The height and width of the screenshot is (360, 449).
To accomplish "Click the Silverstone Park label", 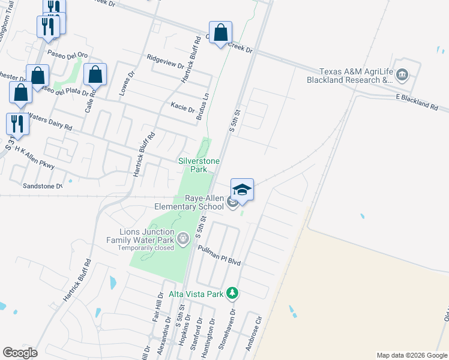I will (199, 165).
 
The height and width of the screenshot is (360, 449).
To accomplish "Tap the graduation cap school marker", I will (242, 190).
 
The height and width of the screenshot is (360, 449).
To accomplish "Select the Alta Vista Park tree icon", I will (232, 293).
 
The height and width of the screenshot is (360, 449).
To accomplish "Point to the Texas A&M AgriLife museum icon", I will (402, 76).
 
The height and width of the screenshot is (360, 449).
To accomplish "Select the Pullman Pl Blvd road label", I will (218, 247).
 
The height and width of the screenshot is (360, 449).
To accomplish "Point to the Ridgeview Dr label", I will (165, 61).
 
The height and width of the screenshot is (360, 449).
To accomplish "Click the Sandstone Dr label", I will (43, 186).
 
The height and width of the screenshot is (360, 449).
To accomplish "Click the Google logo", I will (20, 353).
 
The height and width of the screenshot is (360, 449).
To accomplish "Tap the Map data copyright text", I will (412, 355).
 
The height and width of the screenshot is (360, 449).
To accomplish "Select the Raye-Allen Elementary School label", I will (188, 203).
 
